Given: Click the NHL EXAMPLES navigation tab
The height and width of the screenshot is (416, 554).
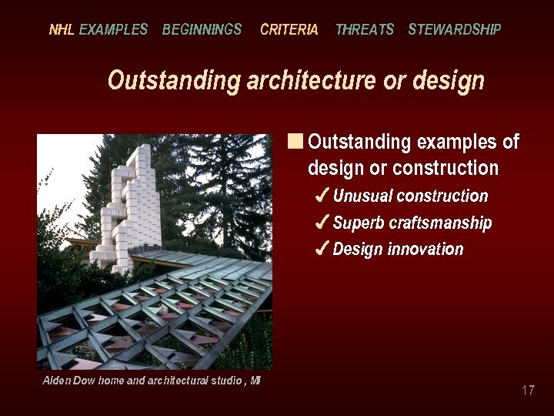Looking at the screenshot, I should click(x=98, y=30).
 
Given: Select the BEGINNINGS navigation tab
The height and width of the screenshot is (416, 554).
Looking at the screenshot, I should click(x=202, y=30).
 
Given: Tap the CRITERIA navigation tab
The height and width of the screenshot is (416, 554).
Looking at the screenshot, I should click(x=289, y=30).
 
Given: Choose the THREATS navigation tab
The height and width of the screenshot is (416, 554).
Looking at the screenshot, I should click(x=364, y=30).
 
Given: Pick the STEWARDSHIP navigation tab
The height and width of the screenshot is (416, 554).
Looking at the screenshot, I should click(x=454, y=30).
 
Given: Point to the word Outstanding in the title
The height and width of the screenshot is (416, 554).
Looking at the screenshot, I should click(x=174, y=81).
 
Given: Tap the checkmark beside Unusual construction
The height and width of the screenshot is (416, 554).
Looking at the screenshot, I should click(x=323, y=196).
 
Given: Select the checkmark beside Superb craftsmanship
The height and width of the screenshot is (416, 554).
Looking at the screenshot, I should click(x=323, y=223).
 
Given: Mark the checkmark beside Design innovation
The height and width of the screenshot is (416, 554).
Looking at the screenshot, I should click(x=323, y=249).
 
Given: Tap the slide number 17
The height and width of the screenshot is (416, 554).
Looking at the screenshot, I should click(x=528, y=391).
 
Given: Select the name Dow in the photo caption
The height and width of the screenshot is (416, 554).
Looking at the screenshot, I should click(x=84, y=381).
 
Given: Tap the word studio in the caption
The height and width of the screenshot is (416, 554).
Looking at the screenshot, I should click(x=223, y=381).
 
